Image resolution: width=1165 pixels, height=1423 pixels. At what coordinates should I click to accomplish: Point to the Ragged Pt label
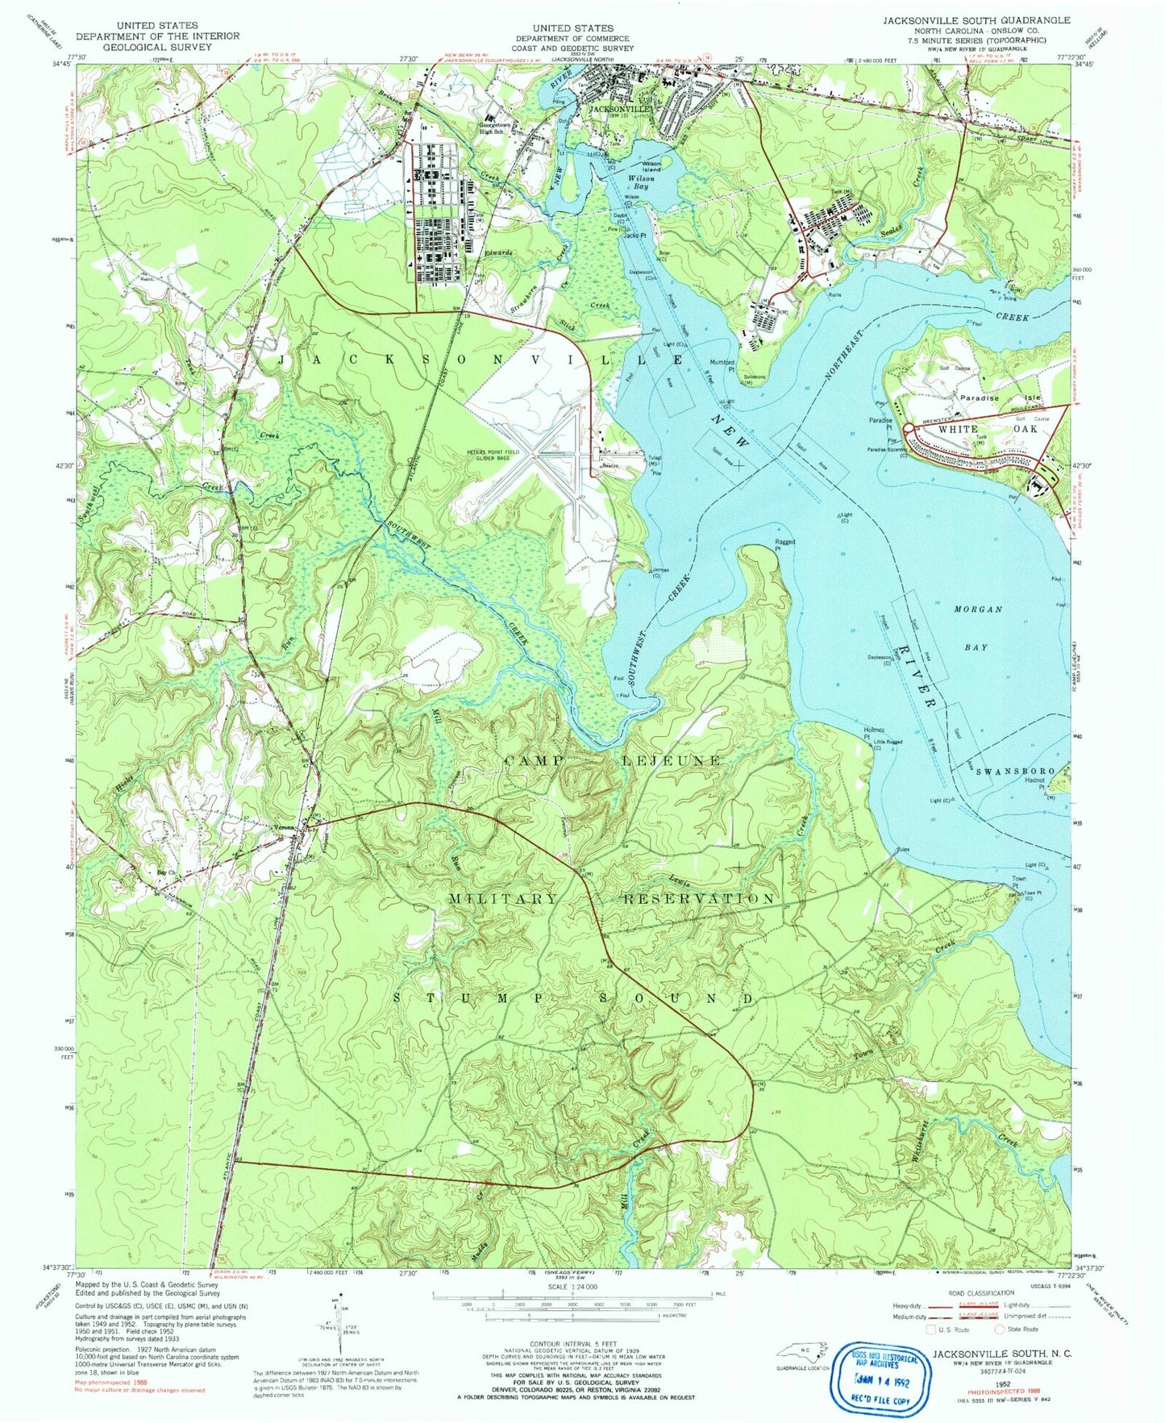[x=784, y=545]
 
